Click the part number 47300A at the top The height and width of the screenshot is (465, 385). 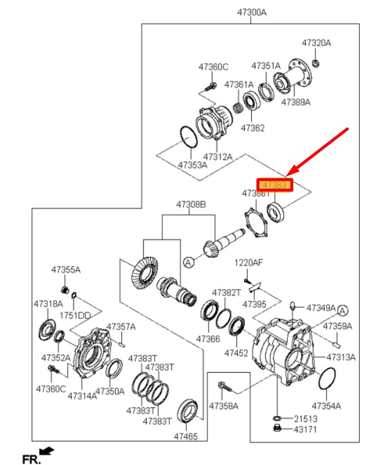coord(252,12)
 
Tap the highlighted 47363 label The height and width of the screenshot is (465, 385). coord(275,185)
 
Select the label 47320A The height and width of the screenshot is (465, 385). coord(316,43)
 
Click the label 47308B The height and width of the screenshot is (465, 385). coord(192,204)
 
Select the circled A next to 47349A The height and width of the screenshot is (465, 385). coord(342,310)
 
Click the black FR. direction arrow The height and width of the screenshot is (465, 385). coord(47,450)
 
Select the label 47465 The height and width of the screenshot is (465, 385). coord(185,436)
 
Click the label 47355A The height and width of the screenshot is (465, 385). coord(65,270)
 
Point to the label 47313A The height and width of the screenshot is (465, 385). coord(341,356)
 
